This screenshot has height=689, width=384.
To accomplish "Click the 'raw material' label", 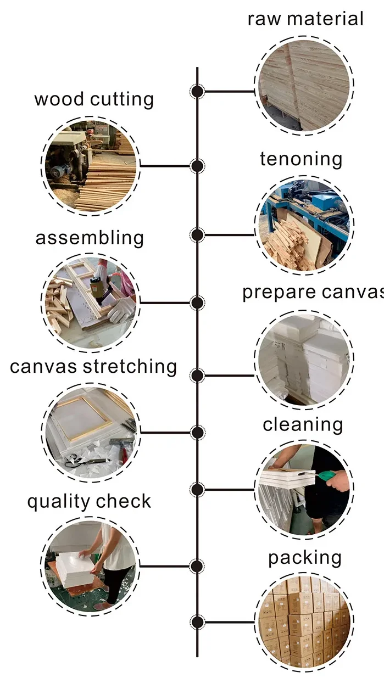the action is pos(305,19).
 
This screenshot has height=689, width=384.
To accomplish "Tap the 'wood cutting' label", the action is pos(94,100).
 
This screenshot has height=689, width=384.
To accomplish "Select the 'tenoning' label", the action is pos(301,159).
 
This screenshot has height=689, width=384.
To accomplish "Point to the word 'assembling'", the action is pos(90,239).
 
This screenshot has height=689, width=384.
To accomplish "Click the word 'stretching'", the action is pos(130,366).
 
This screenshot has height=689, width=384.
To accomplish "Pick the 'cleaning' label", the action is pos(303,424).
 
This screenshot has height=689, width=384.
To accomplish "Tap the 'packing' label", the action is pos(305,558).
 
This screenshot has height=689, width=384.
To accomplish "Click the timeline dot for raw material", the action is pos(197,91).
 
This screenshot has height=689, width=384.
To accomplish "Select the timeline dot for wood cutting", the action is pos(197,166).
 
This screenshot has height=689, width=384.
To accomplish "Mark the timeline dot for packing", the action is pos(197,622).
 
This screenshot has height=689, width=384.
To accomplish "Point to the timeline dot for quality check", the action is pos(197,566).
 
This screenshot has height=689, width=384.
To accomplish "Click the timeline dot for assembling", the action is pos(197,303).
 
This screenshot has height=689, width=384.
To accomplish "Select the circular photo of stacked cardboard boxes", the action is pos(304,620).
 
